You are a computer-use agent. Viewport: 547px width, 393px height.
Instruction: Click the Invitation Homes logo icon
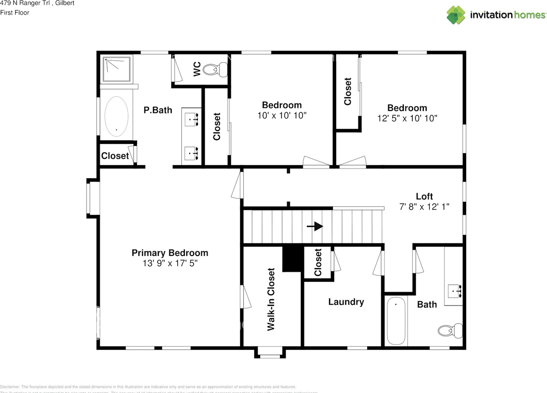click(456, 15)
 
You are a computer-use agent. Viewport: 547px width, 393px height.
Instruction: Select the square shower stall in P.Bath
click(117, 69)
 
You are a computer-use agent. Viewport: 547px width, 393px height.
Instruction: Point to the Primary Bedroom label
click(170, 253)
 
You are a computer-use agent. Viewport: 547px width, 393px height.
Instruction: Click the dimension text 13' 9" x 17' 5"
click(170, 263)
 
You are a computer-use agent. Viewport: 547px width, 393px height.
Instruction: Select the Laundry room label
click(346, 302)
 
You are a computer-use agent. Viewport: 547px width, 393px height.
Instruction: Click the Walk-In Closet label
click(271, 299)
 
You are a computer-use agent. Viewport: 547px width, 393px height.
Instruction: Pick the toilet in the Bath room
click(450, 330)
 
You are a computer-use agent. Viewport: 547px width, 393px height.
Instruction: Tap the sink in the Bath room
click(455, 291)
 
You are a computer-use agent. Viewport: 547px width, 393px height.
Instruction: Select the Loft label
click(424, 196)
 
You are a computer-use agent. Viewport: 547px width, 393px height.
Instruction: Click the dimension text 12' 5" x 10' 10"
click(407, 118)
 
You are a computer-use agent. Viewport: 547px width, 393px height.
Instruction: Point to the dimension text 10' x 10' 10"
click(282, 115)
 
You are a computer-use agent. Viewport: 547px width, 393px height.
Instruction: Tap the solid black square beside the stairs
click(292, 259)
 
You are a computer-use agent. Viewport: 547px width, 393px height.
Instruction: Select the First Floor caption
click(15, 13)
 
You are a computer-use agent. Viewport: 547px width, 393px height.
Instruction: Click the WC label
click(197, 69)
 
